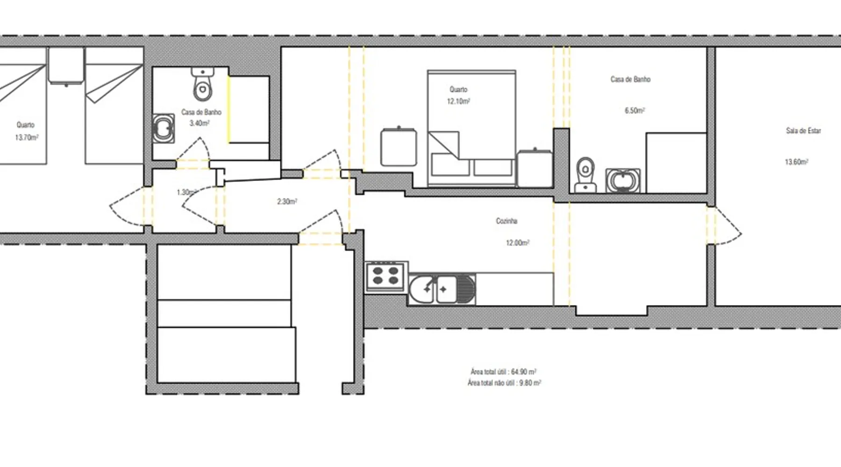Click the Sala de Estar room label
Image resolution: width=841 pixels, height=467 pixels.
803,131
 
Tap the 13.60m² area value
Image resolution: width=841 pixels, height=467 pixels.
797,162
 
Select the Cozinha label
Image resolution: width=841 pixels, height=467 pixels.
506,221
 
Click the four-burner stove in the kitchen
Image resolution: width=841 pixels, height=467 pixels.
386,276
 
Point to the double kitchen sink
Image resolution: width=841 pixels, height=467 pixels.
442,290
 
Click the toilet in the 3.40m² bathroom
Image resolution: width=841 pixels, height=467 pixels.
203,85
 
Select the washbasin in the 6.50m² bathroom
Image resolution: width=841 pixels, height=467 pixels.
623,181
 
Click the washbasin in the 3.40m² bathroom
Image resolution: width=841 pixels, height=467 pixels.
164,128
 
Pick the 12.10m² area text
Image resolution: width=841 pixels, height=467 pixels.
458,101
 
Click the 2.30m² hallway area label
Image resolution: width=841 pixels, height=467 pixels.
287,202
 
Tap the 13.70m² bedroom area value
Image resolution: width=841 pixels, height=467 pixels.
27,138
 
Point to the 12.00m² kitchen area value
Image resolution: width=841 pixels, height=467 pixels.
518,243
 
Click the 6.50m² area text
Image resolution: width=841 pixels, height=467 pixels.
634,111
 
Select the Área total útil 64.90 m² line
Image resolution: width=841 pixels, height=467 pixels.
503,372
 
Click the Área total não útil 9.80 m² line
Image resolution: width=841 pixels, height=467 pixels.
504,383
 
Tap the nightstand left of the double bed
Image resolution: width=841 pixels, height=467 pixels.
399,147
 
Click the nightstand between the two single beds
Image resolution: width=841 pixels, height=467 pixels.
66,66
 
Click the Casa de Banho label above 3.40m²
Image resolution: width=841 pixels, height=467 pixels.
201,113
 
